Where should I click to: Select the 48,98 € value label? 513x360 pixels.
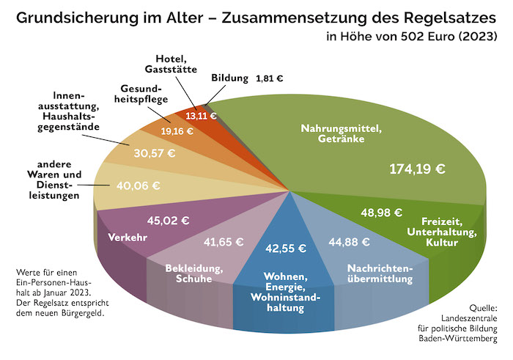coord(381,213)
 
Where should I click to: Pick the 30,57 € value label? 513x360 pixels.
coord(155,153)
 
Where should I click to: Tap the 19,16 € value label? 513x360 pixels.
coord(177,131)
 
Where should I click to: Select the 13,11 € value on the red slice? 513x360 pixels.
coord(201,115)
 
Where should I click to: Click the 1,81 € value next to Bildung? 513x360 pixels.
coord(270,77)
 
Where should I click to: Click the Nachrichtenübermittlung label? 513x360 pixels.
coord(380,273)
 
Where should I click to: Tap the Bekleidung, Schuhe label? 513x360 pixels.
coord(189,273)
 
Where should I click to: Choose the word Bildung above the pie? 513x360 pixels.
coord(230,77)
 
